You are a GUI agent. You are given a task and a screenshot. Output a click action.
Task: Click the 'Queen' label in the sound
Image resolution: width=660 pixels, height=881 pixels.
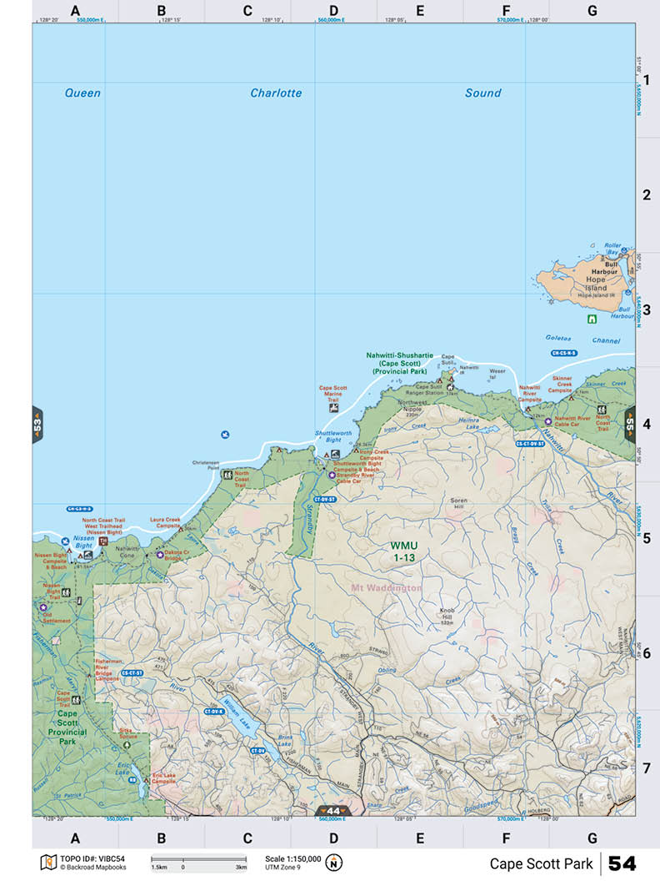point(82,93)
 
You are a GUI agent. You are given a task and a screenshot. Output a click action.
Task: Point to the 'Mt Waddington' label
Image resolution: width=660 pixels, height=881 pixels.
point(387,588)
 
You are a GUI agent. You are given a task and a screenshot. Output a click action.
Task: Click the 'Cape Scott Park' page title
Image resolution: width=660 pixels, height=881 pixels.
point(541,863)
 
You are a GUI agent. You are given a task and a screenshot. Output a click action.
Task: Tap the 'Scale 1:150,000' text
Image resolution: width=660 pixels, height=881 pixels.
point(292,858)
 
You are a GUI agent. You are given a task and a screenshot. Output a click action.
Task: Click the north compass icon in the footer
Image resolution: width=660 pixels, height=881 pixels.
point(335,862)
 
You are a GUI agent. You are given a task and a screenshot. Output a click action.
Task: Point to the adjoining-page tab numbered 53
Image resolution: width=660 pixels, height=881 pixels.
point(37,424)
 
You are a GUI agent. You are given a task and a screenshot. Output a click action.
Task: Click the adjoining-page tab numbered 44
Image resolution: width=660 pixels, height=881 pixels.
point(333,811)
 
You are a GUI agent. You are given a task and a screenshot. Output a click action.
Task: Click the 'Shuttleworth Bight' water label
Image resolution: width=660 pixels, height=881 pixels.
point(327,435)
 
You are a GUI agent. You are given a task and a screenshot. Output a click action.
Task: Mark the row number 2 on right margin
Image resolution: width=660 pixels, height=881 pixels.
point(646,195)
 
